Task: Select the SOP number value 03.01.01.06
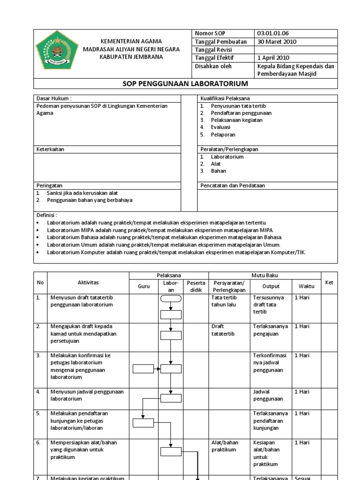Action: [273, 34]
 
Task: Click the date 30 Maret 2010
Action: [277, 42]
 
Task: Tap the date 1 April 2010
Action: [274, 58]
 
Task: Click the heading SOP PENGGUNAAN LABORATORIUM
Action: [185, 84]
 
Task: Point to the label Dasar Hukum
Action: [54, 98]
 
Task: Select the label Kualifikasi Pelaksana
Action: [225, 98]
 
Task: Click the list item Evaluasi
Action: [222, 127]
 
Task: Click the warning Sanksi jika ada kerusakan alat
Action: [82, 193]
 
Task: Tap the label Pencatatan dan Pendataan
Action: [232, 186]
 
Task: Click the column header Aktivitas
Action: [88, 283]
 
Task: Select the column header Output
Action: [270, 286]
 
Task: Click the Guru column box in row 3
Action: [143, 369]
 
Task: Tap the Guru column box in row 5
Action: [143, 423]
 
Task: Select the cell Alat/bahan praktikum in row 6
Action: [224, 446]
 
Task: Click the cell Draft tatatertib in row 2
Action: [223, 330]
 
